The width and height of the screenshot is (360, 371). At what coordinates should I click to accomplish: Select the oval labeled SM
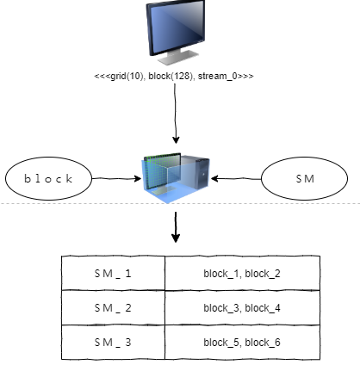point(304,179)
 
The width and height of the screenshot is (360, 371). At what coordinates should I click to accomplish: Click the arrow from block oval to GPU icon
point(115,180)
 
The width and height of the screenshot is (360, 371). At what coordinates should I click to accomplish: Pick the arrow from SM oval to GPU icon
point(236,180)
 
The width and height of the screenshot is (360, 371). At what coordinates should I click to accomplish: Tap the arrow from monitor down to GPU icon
point(177,116)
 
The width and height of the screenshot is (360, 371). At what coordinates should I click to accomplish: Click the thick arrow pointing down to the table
point(176,229)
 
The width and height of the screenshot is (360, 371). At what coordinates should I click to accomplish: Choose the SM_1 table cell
point(113,273)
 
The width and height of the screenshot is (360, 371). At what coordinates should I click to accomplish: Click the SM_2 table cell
point(113,307)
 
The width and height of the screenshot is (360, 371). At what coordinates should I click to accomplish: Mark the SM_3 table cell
point(113,342)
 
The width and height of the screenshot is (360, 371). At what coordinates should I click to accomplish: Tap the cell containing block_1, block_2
point(241,273)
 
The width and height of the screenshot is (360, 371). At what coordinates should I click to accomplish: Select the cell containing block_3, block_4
point(241,307)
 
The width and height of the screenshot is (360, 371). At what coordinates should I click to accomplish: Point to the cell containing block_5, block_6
point(241,342)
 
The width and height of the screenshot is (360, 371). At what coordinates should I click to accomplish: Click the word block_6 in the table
point(262,342)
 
